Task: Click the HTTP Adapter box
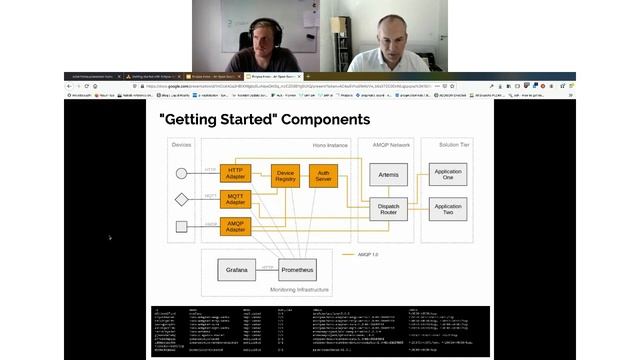[x=235, y=173]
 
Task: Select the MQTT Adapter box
[x=235, y=199]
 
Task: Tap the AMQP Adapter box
[x=235, y=227]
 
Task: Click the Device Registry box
[x=286, y=175]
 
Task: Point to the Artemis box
[x=389, y=175]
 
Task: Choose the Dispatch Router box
[x=389, y=209]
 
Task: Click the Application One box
[x=447, y=175]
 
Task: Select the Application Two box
[x=447, y=209]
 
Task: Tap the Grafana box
[x=236, y=270]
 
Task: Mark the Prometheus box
[x=297, y=270]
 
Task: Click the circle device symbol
[x=181, y=173]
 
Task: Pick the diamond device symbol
[x=181, y=199]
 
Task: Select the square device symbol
[x=181, y=227]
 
